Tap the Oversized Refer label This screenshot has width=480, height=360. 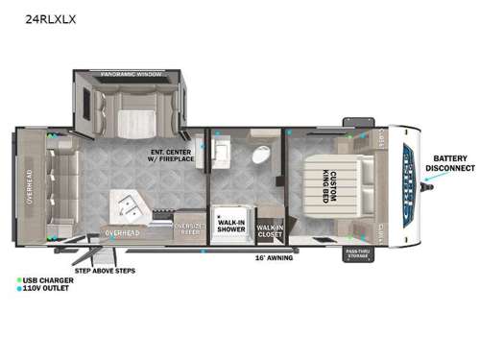tap(188, 228)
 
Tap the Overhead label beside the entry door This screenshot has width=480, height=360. tap(124, 231)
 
